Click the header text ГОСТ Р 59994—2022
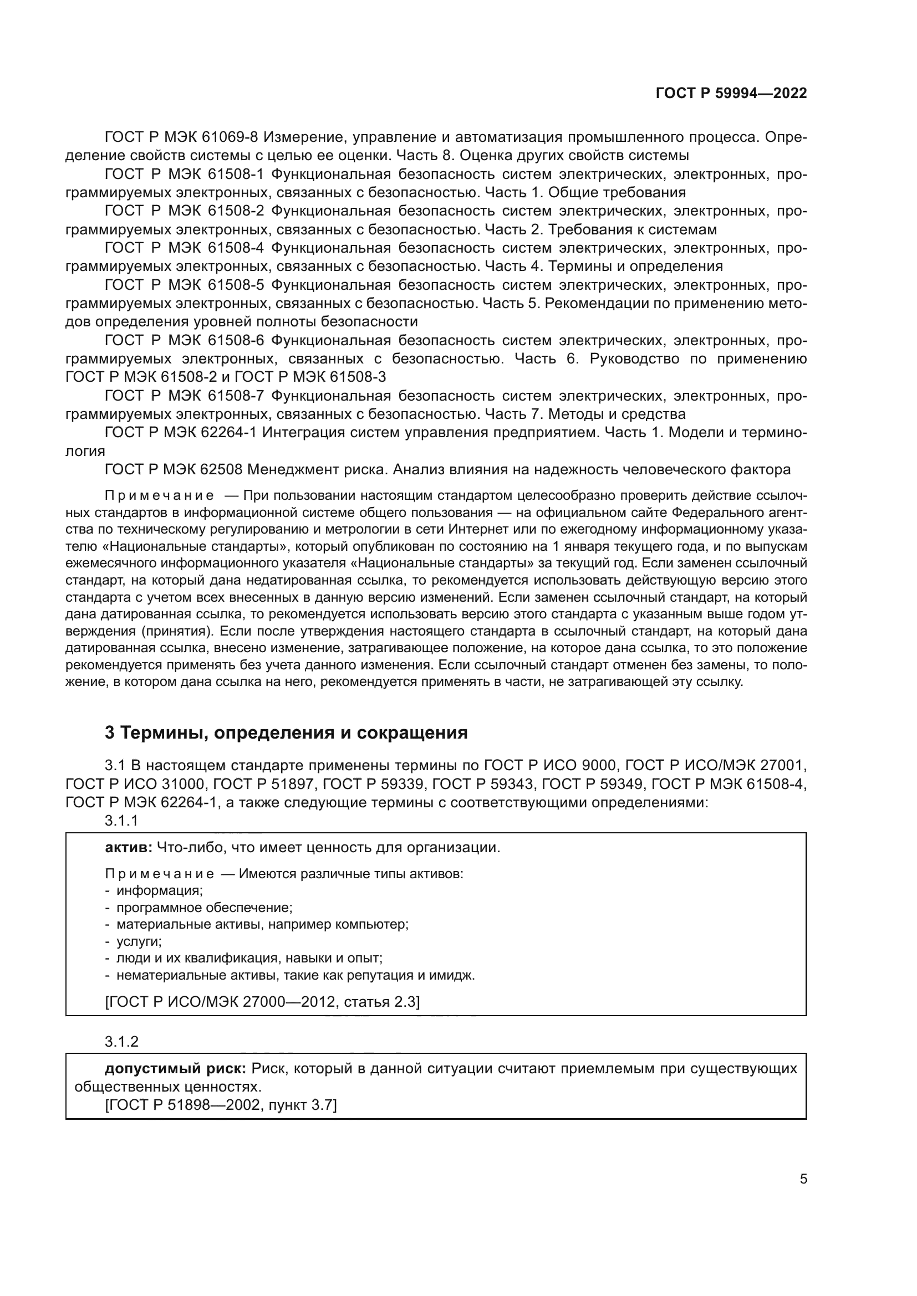(x=731, y=94)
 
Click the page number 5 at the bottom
(x=803, y=1179)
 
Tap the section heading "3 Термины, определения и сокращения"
(x=286, y=732)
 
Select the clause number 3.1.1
(x=121, y=821)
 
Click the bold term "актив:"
(x=128, y=848)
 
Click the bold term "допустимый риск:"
(x=175, y=1068)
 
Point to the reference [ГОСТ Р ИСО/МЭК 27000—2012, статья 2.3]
(x=263, y=1002)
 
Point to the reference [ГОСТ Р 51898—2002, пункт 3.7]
(x=221, y=1105)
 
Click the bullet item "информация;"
(x=159, y=891)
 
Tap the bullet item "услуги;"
(x=139, y=941)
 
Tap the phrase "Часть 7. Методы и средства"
(x=585, y=414)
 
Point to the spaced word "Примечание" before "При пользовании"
(x=160, y=496)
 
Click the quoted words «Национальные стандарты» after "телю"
(x=192, y=547)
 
